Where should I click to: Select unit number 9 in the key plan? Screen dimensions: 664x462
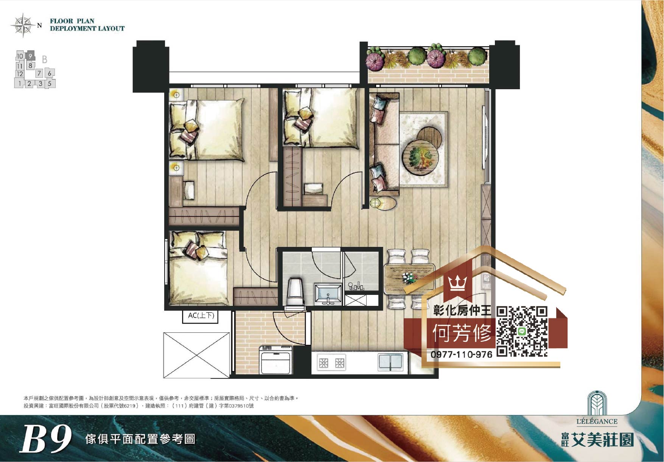click(x=31, y=56)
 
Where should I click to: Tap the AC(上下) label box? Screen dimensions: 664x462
click(x=201, y=316)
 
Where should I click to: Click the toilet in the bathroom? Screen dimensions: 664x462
click(x=295, y=291)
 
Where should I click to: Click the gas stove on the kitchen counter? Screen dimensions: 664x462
click(x=331, y=363)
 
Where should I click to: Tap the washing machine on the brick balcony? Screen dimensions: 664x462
click(x=276, y=360)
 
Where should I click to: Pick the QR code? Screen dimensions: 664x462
click(x=522, y=332)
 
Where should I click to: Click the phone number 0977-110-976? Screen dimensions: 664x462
click(x=462, y=355)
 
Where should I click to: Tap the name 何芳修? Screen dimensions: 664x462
click(x=462, y=333)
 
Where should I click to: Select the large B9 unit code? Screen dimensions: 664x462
click(x=46, y=439)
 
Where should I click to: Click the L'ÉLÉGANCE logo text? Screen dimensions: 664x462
click(x=597, y=422)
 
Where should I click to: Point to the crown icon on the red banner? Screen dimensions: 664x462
click(x=457, y=283)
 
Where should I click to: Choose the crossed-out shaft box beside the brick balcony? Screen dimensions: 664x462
click(x=196, y=355)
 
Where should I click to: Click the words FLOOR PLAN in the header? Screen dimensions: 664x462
click(x=72, y=21)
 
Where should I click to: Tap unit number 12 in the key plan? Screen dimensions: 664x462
click(x=20, y=74)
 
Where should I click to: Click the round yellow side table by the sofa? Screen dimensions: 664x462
click(x=383, y=203)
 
